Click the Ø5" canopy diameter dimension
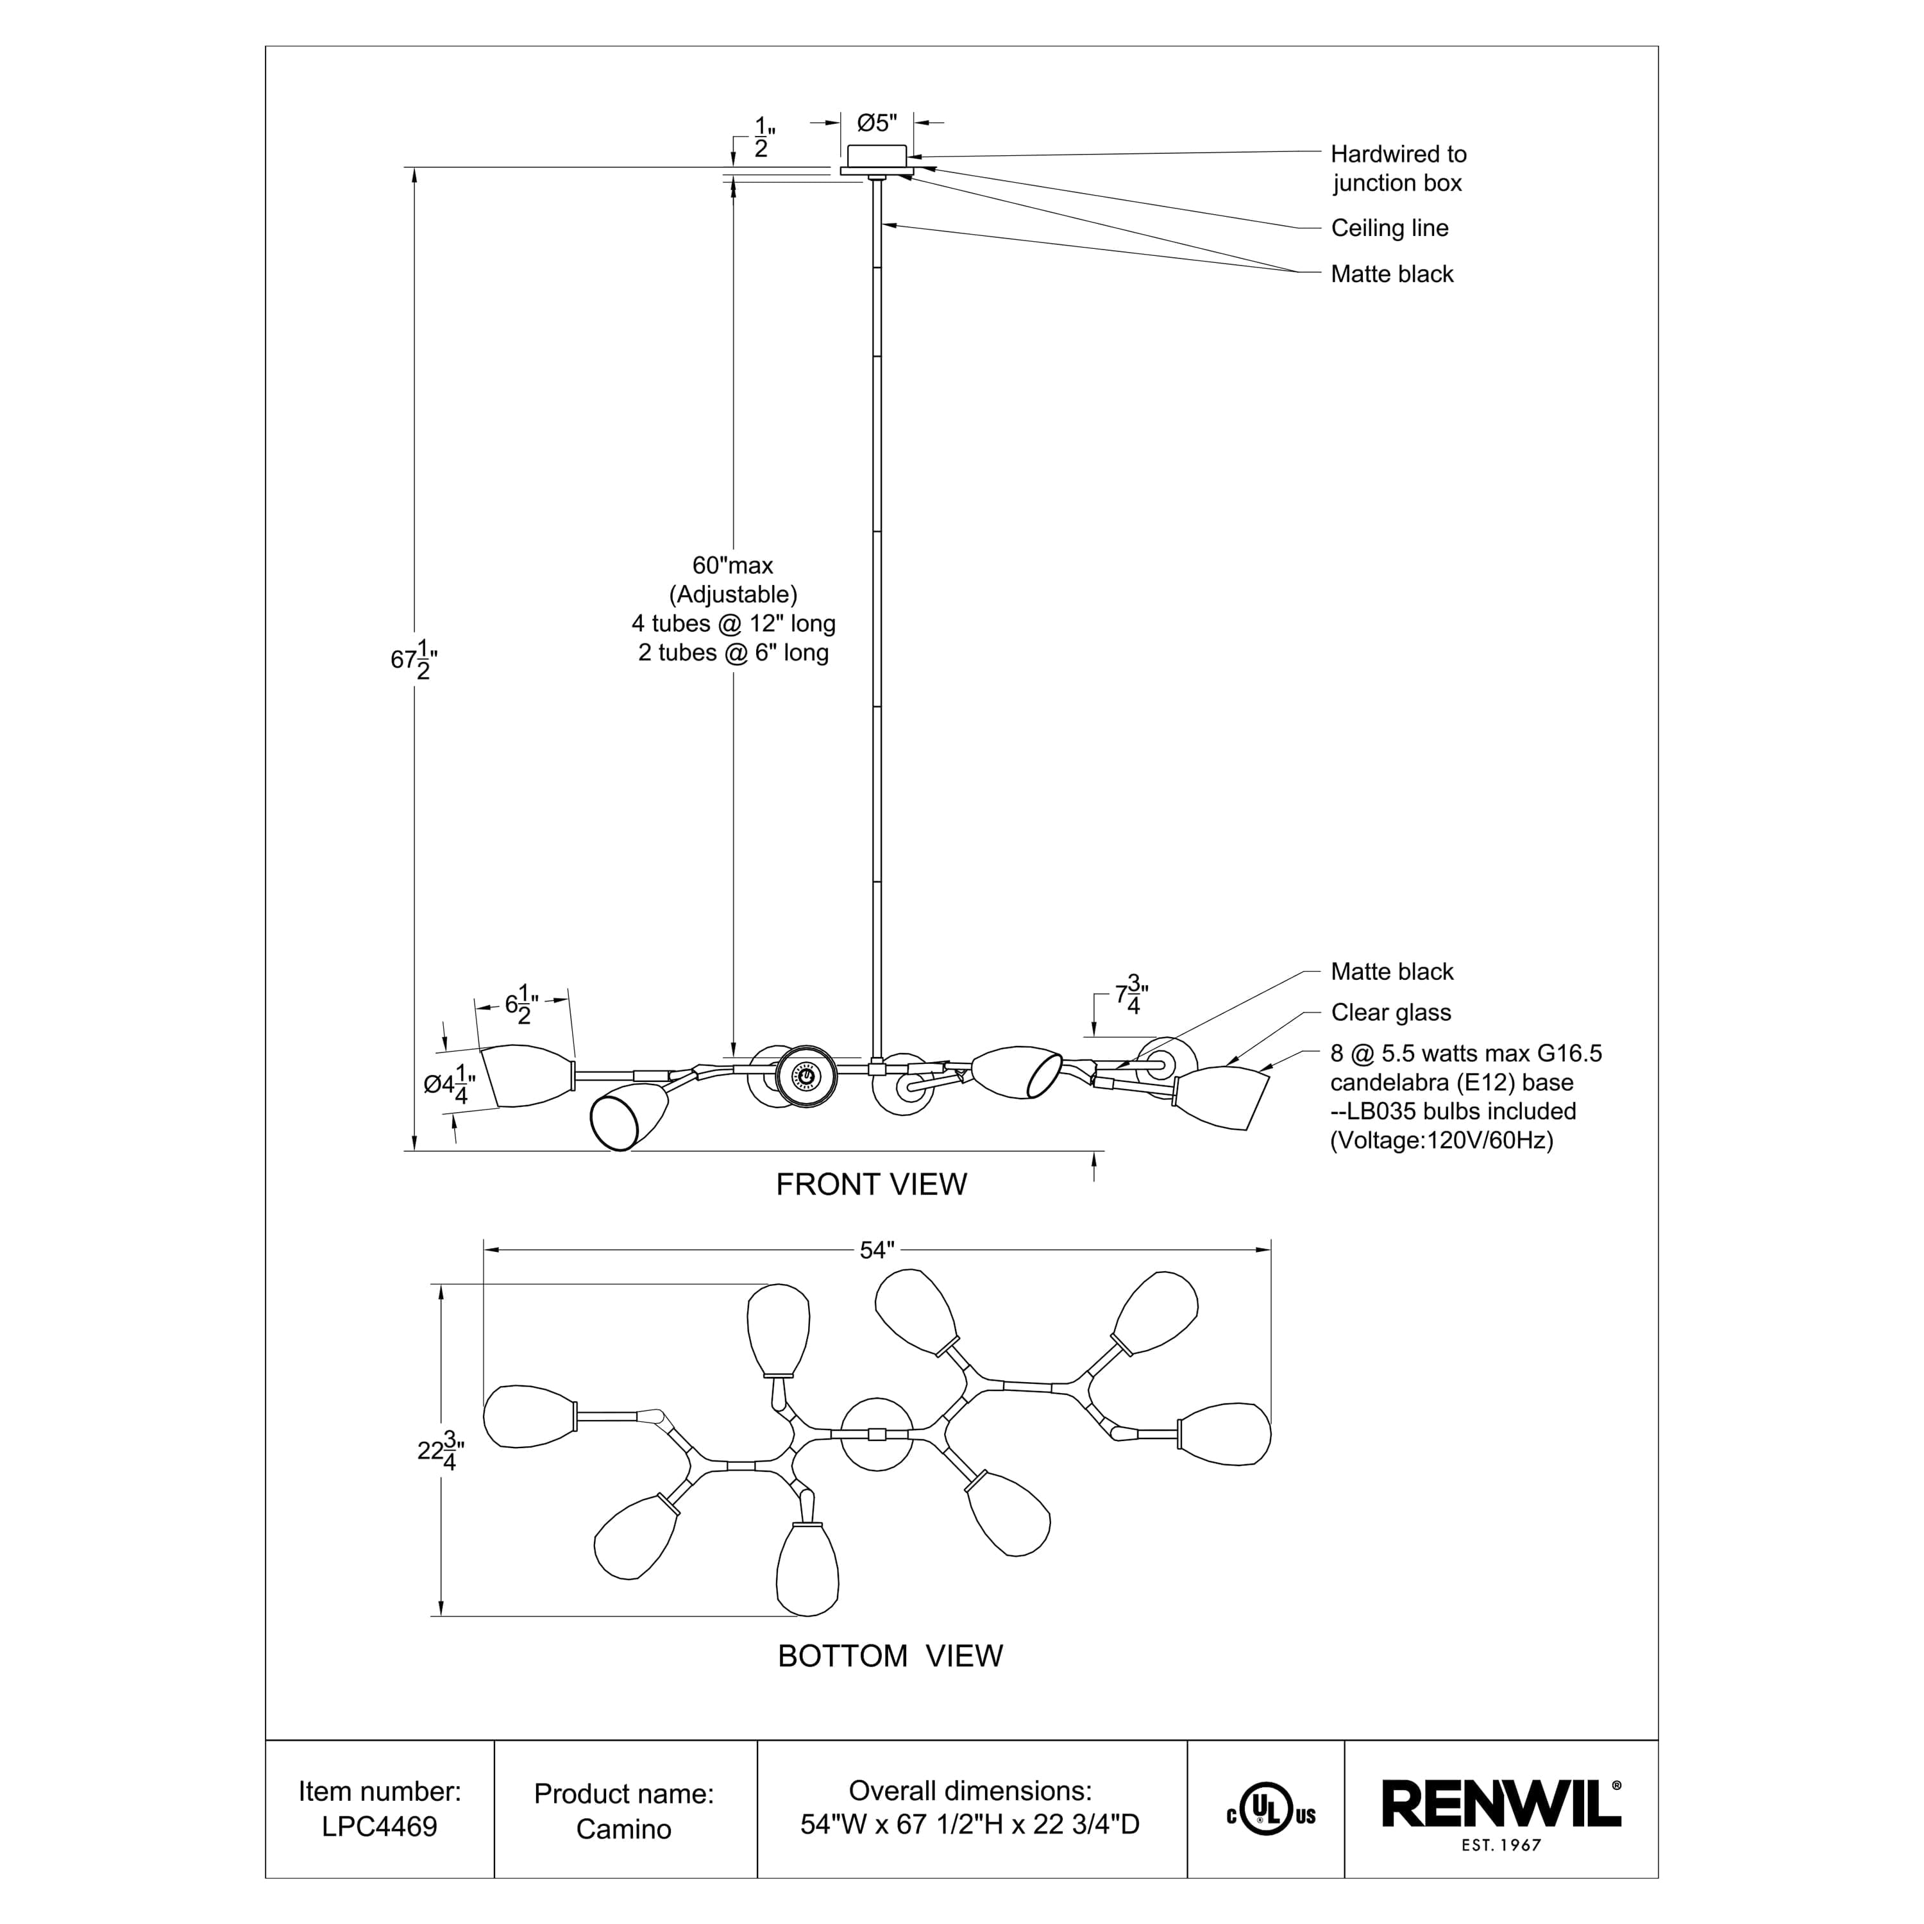[x=876, y=122]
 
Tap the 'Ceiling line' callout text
[x=1389, y=228]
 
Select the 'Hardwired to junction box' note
[x=1397, y=168]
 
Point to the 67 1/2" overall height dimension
[x=413, y=659]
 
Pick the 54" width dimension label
[x=876, y=1250]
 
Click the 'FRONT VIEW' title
[x=872, y=1184]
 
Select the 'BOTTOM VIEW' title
[x=890, y=1655]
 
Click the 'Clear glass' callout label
[x=1390, y=1013]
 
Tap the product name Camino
[x=623, y=1828]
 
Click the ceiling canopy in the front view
[x=875, y=157]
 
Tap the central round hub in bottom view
[x=876, y=1434]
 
